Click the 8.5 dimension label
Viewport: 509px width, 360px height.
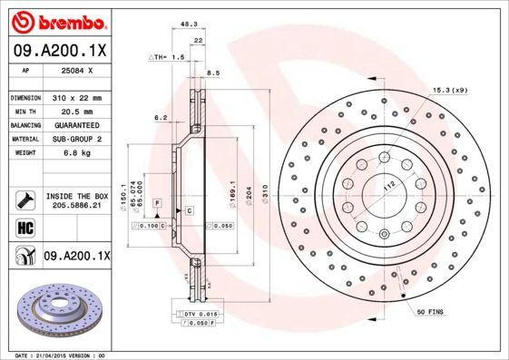214,73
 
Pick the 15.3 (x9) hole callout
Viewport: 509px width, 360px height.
450,91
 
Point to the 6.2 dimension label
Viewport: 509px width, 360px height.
161,118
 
